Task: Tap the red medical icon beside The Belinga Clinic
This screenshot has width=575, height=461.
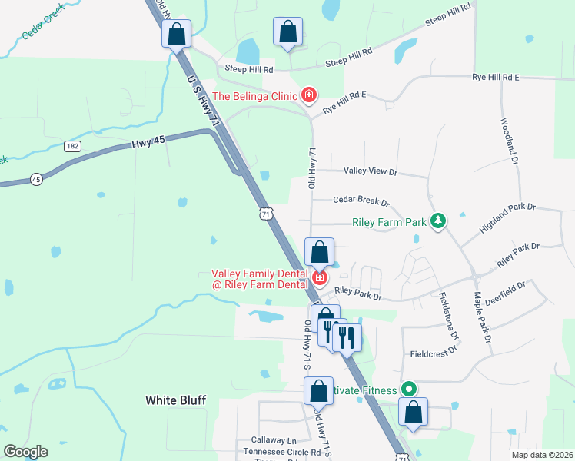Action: [x=309, y=96]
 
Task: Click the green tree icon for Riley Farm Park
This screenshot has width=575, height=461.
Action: [x=438, y=222]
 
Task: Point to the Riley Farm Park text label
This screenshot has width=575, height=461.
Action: [x=389, y=223]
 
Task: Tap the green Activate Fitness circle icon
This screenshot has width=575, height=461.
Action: [x=409, y=390]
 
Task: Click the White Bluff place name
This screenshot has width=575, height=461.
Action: [x=176, y=400]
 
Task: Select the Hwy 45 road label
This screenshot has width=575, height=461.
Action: [x=148, y=141]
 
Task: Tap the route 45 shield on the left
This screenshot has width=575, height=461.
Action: [x=36, y=179]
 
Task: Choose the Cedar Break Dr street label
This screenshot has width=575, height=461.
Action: [x=361, y=201]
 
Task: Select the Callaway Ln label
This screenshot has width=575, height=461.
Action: [x=273, y=441]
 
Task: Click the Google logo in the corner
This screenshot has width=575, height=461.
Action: [x=25, y=452]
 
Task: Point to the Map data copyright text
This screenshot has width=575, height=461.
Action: [x=541, y=455]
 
